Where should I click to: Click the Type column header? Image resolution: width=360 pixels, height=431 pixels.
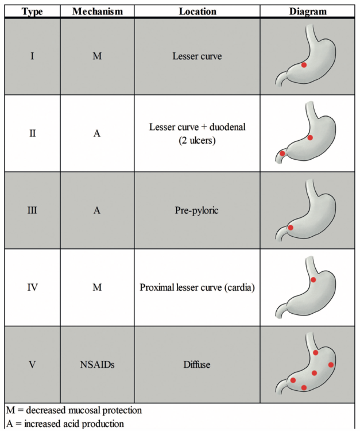click(33, 11)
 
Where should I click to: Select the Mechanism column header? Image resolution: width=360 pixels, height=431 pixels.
click(97, 11)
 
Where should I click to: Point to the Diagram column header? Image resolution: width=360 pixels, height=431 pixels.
click(308, 11)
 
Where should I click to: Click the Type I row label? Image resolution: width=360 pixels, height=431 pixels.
click(33, 56)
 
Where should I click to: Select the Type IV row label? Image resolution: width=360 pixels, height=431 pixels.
click(33, 287)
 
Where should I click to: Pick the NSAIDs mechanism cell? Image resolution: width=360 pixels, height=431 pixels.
click(97, 364)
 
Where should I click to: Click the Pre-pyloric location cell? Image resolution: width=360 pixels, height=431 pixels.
click(197, 210)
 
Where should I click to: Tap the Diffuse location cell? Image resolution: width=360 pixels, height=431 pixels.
click(197, 364)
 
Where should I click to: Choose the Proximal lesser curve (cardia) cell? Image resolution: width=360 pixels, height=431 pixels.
click(197, 287)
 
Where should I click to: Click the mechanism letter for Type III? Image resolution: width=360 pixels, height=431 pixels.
click(97, 210)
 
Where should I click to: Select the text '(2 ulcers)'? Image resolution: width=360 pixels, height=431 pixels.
click(197, 140)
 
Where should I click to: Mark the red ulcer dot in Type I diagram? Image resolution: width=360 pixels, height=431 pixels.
click(304, 66)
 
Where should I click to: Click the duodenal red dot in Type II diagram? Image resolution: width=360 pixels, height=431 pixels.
click(282, 153)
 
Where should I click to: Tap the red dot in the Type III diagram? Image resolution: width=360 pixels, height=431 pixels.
click(291, 228)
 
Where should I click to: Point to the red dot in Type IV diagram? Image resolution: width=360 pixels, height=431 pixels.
click(313, 280)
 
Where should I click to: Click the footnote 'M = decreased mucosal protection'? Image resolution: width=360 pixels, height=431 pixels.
click(73, 411)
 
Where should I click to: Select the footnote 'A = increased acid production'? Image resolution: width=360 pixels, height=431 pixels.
click(65, 424)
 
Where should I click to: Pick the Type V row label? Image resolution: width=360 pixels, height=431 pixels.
click(33, 364)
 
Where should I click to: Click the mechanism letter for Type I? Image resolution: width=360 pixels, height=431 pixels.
click(97, 56)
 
